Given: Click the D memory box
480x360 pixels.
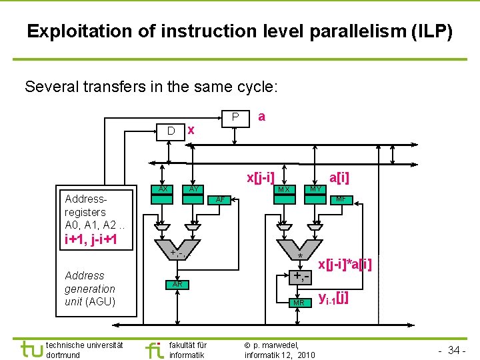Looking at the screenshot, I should [x=171, y=131].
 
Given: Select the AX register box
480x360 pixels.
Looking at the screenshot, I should [x=162, y=189].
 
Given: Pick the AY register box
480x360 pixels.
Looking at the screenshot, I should [x=193, y=189].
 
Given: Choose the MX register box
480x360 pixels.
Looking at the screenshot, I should [x=284, y=189].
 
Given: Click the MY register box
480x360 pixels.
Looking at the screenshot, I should [x=315, y=189].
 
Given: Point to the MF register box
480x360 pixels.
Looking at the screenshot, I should [x=340, y=199].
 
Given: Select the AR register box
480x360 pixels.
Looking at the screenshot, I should [x=177, y=284].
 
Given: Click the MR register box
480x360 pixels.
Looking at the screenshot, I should [x=299, y=303].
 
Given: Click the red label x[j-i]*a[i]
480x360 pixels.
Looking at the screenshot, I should [x=344, y=265].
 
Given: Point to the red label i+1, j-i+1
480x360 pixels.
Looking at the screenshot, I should [x=91, y=239].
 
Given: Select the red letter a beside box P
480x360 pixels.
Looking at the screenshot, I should [x=261, y=117].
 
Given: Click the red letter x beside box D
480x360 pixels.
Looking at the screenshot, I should [x=191, y=130].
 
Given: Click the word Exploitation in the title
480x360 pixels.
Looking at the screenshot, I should [x=71, y=31].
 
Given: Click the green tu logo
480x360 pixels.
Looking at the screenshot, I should [x=31, y=349].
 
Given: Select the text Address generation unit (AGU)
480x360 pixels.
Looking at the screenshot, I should [x=90, y=289].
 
